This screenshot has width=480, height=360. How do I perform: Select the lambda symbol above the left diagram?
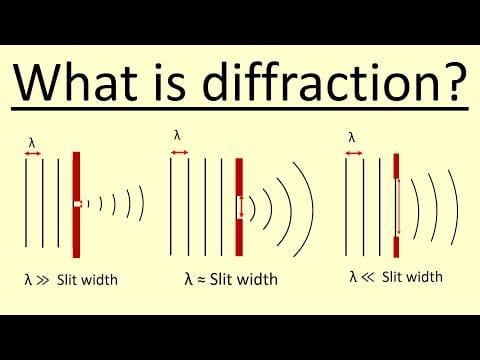(32, 142)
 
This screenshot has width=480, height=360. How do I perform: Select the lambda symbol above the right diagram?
(352, 137)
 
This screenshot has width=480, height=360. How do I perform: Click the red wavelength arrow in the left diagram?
(32, 153)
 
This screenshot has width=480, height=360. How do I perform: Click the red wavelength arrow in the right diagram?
(352, 153)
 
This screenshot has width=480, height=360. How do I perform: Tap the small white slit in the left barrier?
(76, 204)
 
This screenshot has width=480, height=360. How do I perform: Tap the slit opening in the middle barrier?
(239, 207)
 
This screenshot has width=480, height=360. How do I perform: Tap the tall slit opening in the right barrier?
(397, 205)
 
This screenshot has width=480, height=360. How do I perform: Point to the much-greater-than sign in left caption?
(46, 278)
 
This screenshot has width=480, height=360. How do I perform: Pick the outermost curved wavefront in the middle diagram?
(307, 205)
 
